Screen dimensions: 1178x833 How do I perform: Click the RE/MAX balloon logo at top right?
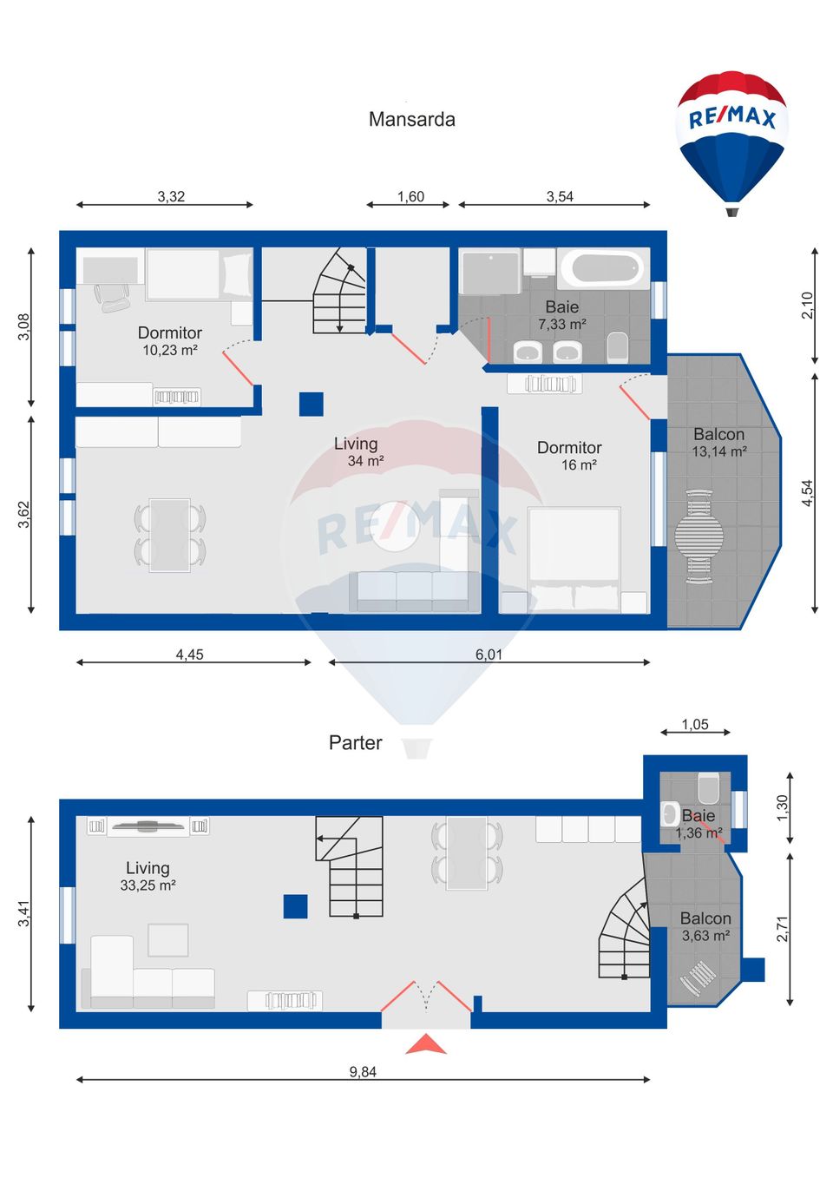[731, 139]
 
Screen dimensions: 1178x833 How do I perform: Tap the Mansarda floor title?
[411, 120]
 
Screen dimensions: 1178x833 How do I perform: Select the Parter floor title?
[355, 743]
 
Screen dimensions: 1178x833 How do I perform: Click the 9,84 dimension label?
[363, 1072]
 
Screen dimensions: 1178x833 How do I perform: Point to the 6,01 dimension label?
[489, 655]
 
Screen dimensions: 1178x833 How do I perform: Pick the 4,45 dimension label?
[189, 655]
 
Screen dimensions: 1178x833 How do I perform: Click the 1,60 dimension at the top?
[410, 197]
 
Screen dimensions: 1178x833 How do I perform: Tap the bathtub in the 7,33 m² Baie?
[603, 269]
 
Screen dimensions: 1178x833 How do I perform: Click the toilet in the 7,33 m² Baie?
[617, 347]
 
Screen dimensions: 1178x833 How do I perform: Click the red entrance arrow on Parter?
[426, 1044]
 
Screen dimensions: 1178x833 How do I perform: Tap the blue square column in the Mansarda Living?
[312, 405]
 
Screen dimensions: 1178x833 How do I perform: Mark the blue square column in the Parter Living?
[295, 906]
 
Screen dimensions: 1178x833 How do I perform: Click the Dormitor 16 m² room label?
[569, 456]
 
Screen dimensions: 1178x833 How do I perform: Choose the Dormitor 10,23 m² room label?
[170, 340]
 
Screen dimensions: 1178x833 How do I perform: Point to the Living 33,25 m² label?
[148, 876]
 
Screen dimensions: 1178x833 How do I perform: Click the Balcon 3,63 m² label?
[705, 926]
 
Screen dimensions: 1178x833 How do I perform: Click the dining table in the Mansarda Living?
[170, 535]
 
